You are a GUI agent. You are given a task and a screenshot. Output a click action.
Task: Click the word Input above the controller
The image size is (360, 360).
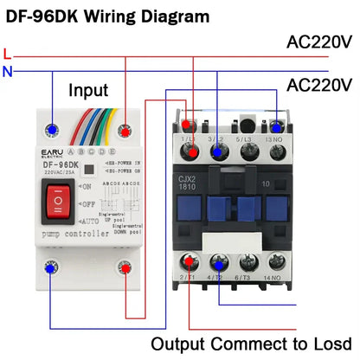click(x=89, y=90)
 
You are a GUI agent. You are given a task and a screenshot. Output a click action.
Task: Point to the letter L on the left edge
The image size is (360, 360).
click(x=8, y=53)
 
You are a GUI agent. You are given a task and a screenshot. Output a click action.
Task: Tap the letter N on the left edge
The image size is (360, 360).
click(x=8, y=72)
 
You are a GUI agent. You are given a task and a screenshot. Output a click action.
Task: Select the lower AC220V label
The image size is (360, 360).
click(x=320, y=85)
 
